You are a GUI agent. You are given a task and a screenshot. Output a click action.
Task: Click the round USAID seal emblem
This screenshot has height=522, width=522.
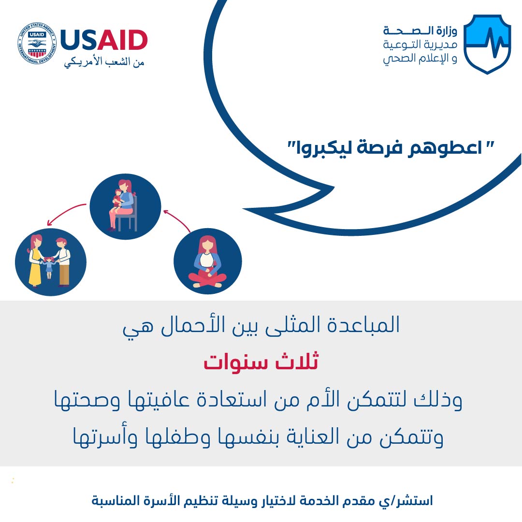click(x=37, y=43)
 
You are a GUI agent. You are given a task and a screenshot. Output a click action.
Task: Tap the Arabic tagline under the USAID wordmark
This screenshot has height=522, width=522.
click(x=104, y=62)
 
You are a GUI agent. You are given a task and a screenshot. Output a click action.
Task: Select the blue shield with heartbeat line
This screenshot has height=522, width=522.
click(x=487, y=44)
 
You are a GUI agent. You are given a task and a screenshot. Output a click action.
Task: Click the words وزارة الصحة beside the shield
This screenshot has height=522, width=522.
click(x=420, y=31)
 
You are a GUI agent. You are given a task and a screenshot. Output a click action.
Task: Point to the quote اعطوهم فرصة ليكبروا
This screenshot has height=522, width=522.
click(x=391, y=148)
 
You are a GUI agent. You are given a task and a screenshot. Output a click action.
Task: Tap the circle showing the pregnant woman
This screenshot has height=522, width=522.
click(x=208, y=261)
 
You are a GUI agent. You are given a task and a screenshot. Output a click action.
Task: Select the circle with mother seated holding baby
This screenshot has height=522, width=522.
click(x=126, y=206)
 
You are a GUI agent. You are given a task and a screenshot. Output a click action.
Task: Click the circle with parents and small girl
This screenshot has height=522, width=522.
click(x=51, y=262)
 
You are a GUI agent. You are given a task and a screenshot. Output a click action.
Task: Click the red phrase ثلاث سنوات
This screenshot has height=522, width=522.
click(x=261, y=362)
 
